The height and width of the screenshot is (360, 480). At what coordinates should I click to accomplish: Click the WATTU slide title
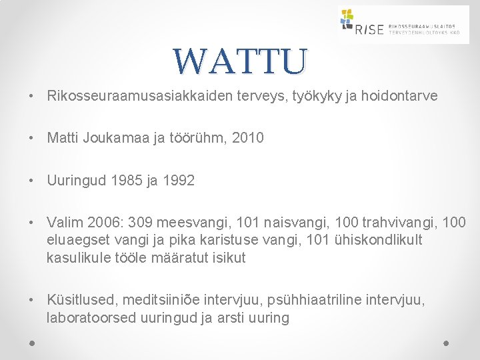[241, 61]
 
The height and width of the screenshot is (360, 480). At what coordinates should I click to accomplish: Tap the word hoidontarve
[401, 96]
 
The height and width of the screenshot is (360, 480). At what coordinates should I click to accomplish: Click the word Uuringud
[74, 181]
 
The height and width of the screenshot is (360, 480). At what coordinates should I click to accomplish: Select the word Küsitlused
[79, 301]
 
